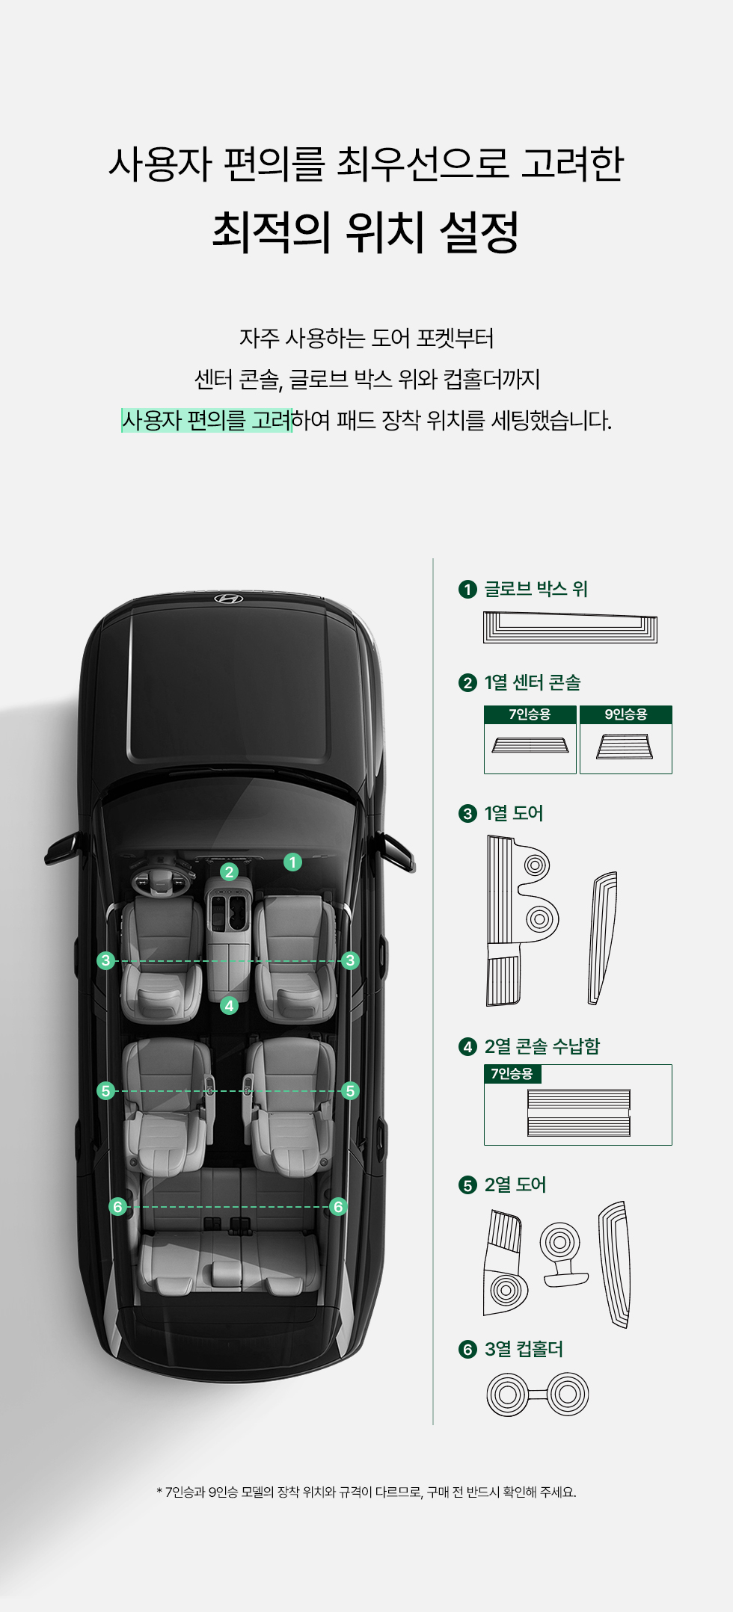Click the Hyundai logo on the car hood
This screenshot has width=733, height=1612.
[229, 599]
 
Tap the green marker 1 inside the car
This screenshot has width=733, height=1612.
[292, 862]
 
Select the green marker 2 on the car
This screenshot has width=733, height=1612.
[230, 871]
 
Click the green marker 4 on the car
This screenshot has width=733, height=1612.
[230, 1006]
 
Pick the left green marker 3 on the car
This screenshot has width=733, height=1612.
[106, 960]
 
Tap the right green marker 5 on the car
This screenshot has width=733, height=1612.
[350, 1091]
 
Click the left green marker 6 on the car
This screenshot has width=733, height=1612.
[117, 1207]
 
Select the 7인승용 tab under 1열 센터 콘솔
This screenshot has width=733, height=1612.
[530, 714]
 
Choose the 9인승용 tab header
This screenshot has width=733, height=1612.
[626, 714]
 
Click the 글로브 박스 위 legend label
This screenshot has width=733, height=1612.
[536, 589]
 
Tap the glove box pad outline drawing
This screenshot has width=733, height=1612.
[570, 628]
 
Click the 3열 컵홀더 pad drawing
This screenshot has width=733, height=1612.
[538, 1395]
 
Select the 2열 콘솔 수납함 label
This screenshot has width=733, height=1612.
[542, 1046]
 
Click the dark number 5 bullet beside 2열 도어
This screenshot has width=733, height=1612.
[467, 1185]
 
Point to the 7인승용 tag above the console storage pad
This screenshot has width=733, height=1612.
[512, 1074]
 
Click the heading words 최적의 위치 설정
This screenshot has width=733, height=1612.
[366, 231]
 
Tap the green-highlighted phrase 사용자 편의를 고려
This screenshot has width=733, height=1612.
[206, 420]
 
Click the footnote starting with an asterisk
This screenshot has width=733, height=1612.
[366, 1492]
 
